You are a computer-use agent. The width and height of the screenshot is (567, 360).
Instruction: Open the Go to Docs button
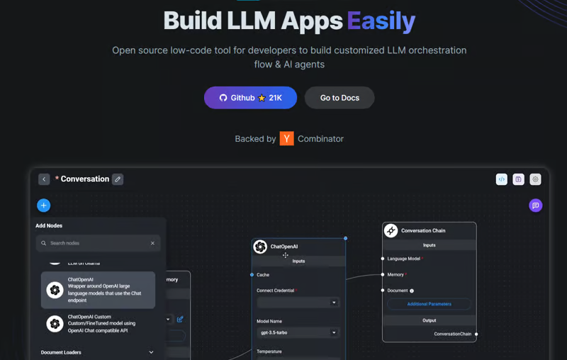[339, 98]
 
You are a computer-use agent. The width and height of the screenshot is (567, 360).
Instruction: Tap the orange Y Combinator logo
[286, 139]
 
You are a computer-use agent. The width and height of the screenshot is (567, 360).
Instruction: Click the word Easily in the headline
[381, 21]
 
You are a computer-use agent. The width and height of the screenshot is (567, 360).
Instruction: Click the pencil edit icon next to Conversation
[118, 179]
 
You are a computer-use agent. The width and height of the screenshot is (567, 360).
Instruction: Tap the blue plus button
[44, 206]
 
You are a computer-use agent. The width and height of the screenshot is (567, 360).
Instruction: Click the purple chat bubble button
[536, 206]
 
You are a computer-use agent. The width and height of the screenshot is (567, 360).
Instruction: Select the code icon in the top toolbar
[502, 179]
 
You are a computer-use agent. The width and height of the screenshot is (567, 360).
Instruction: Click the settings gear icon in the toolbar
[535, 179]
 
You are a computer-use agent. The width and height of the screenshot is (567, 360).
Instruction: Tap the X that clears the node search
[152, 243]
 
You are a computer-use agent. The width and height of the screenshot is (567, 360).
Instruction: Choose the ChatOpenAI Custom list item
[98, 324]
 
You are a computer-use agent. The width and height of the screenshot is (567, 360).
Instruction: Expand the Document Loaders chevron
[151, 352]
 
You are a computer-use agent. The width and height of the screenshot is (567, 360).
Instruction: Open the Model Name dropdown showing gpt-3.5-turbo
[298, 332]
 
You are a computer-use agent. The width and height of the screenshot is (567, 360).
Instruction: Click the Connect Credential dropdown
[298, 303]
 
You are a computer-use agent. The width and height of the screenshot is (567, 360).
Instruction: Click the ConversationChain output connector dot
[476, 334]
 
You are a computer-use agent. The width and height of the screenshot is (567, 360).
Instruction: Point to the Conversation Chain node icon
[391, 230]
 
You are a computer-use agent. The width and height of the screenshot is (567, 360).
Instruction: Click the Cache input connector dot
[252, 274]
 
